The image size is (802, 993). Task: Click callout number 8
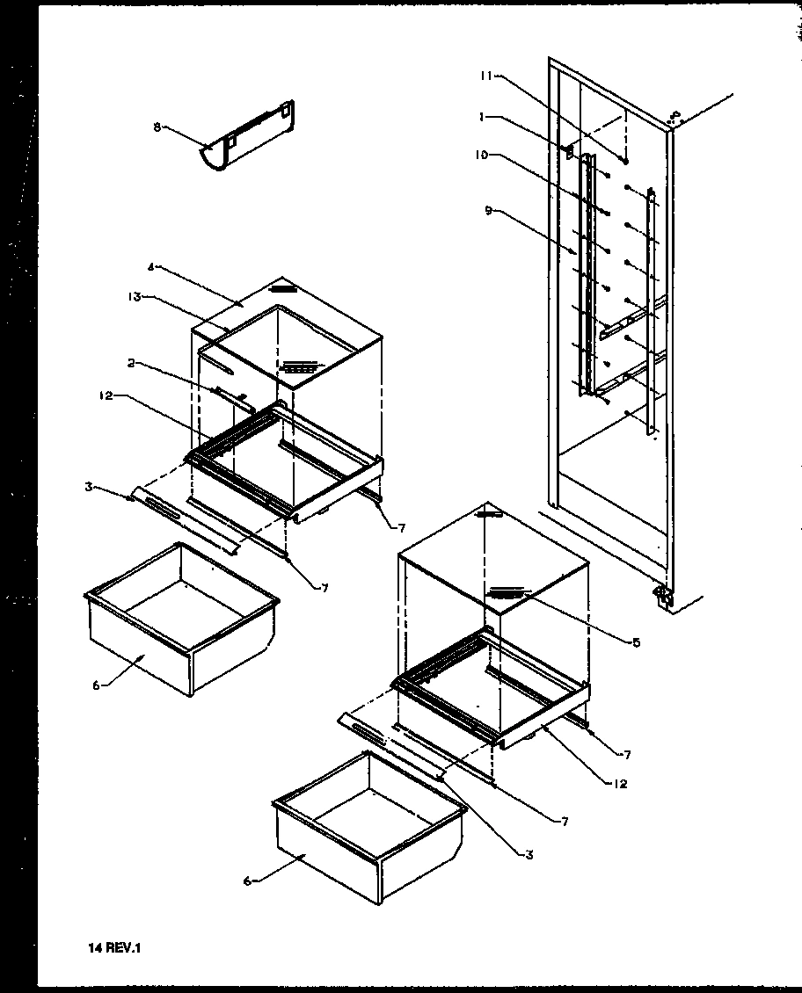tap(157, 127)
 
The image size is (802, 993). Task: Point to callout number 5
tap(636, 641)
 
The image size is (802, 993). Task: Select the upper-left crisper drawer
tap(180, 620)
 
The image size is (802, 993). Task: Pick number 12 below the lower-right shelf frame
tap(620, 784)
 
